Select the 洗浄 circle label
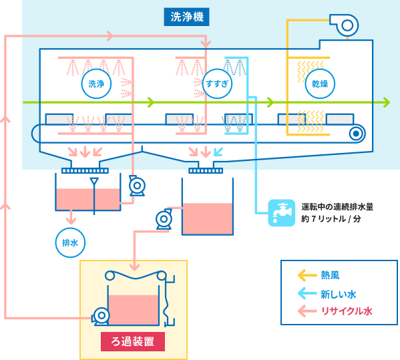click(96, 83)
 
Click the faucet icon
click(280, 212)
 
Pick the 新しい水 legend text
click(338, 293)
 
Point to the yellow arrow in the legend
click(307, 275)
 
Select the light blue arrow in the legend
click(307, 293)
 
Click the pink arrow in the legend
click(307, 311)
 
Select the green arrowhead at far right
click(387, 103)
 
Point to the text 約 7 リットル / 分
click(331, 218)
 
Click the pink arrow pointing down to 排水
click(69, 217)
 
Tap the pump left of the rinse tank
click(163, 218)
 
